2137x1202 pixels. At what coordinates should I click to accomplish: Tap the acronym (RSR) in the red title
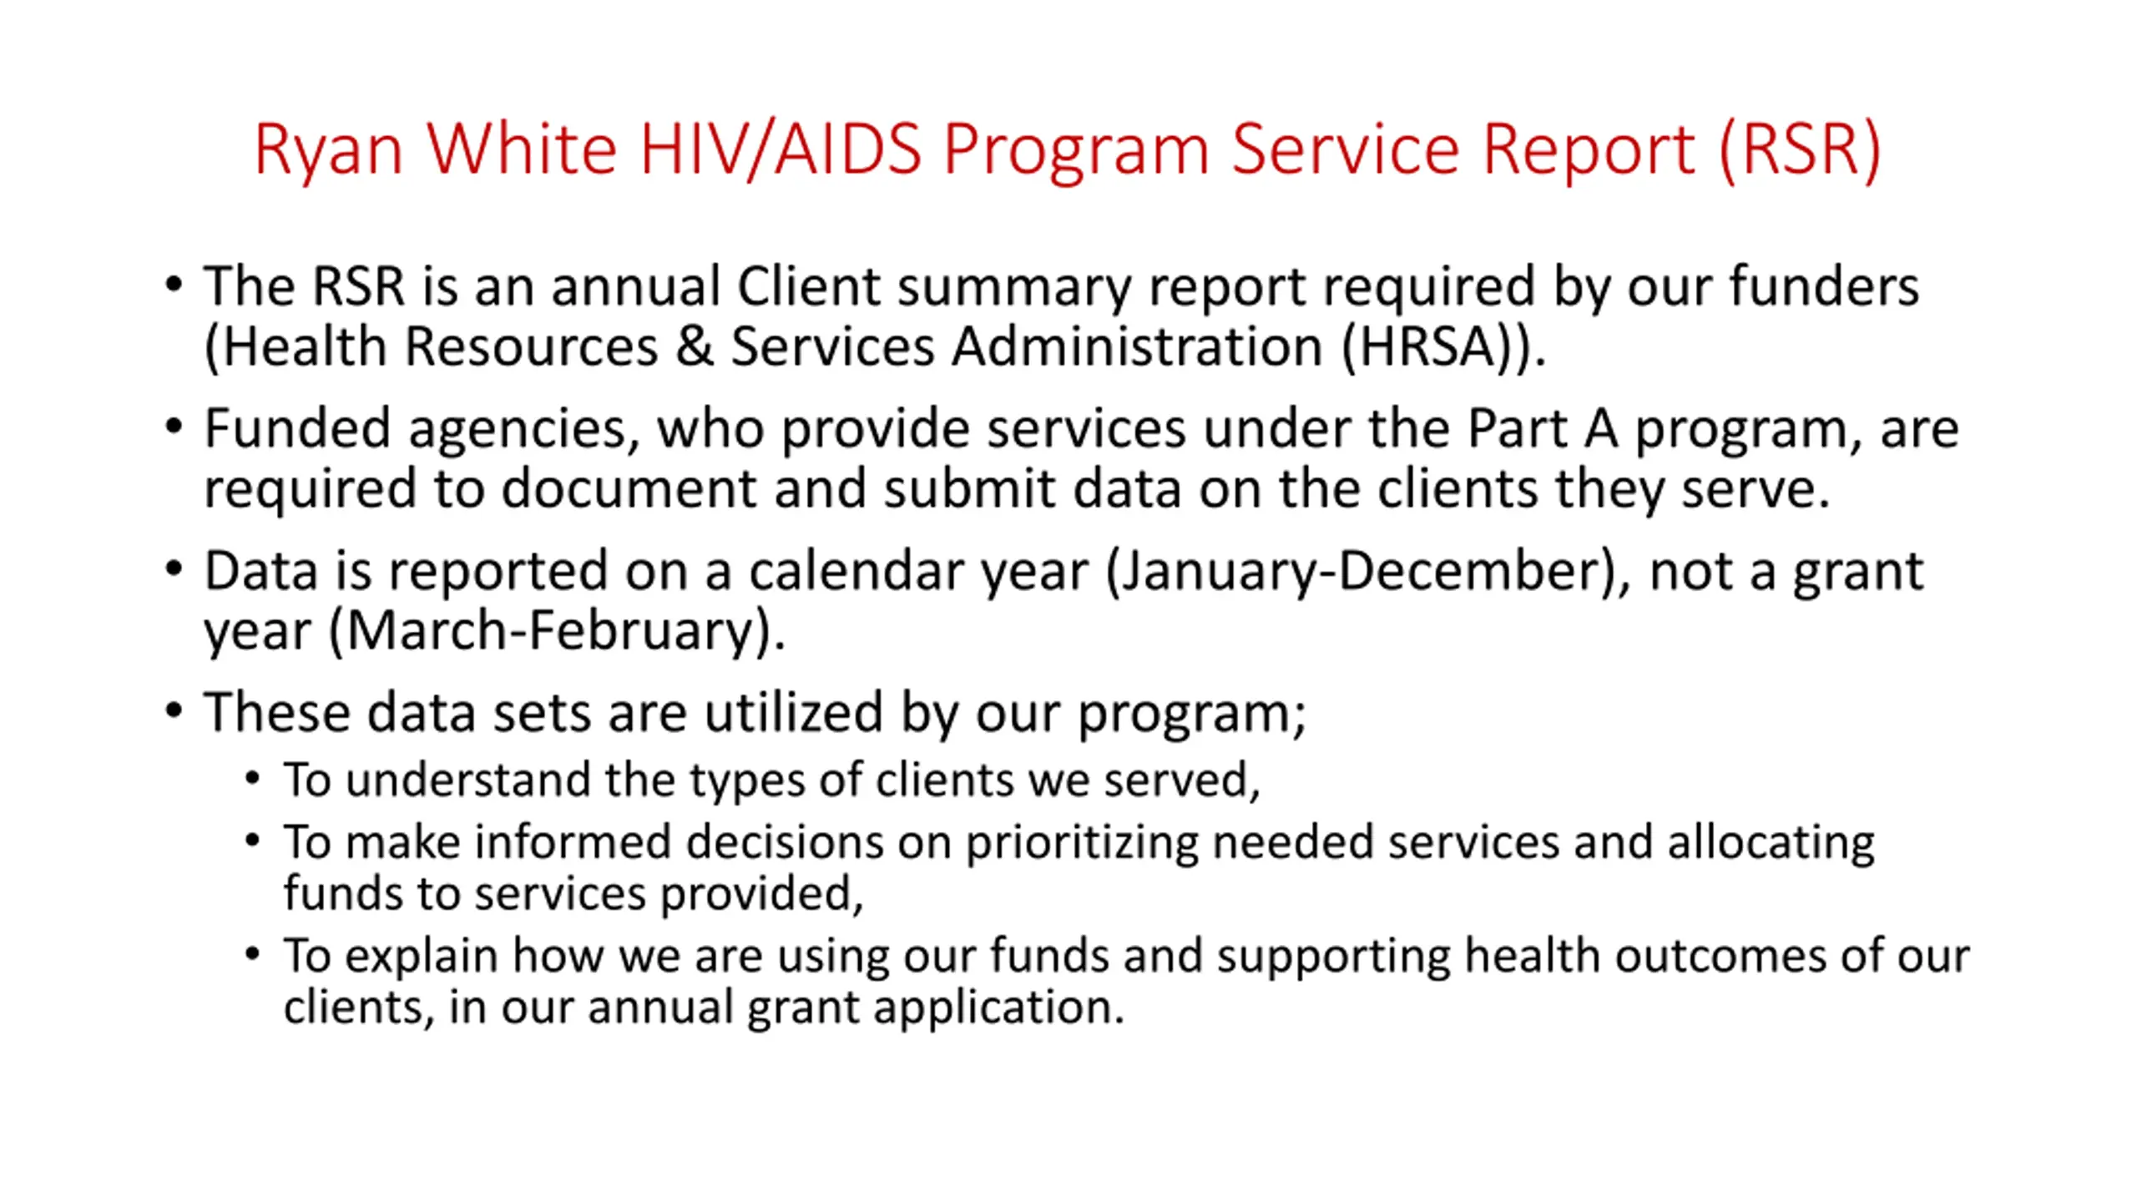click(1799, 150)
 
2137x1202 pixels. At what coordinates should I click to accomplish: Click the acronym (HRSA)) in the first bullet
click(1443, 346)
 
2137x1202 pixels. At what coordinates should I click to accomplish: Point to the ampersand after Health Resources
click(695, 346)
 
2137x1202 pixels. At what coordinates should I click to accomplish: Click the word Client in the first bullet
click(808, 286)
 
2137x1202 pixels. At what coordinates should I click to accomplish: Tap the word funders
click(1823, 286)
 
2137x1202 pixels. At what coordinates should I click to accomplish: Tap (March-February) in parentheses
click(558, 632)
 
